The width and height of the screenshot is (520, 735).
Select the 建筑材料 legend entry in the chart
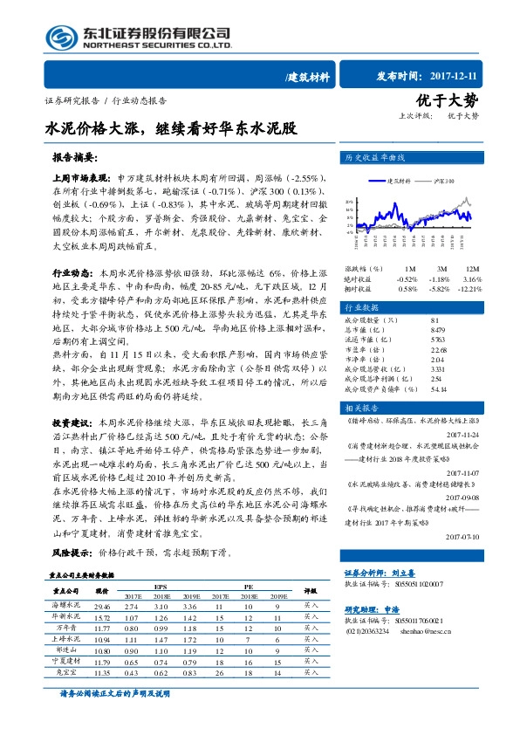point(395,182)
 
